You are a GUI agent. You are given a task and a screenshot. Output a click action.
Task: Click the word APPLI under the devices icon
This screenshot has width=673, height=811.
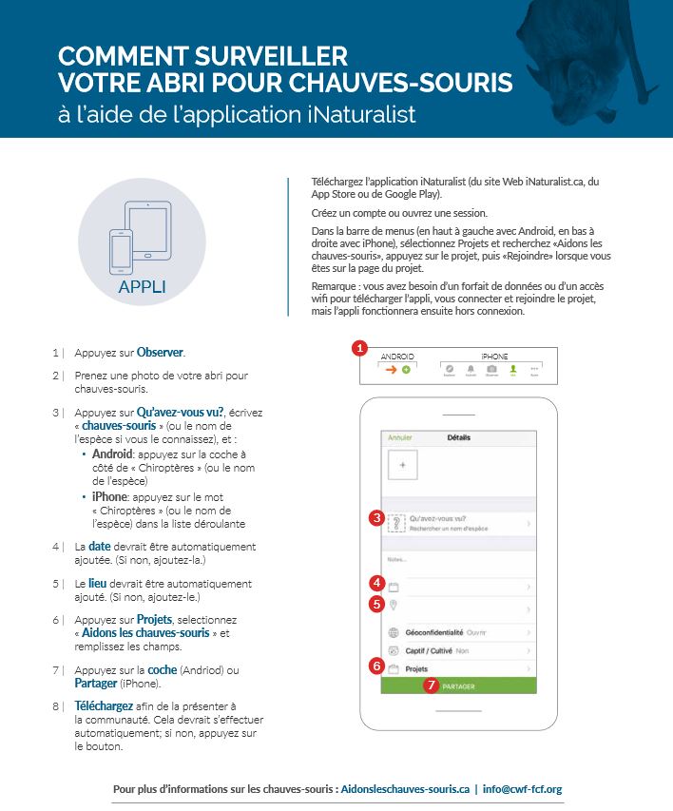tap(142, 286)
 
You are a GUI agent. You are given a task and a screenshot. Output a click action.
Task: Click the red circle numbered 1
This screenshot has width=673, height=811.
tap(360, 348)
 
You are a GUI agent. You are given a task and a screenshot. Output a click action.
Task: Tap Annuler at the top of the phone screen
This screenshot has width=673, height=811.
tap(400, 438)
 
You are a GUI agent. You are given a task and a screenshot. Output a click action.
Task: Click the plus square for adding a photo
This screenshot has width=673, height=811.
tap(402, 466)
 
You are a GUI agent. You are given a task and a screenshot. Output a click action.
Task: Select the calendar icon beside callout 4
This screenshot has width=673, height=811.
tap(394, 587)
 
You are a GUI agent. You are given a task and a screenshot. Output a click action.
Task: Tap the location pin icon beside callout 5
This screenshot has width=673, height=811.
tap(394, 605)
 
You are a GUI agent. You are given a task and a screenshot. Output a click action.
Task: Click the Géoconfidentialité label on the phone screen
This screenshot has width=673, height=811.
tap(433, 632)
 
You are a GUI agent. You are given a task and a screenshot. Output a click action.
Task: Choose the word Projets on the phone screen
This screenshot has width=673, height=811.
tap(416, 669)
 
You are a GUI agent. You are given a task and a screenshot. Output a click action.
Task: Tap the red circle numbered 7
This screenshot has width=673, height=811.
tap(432, 685)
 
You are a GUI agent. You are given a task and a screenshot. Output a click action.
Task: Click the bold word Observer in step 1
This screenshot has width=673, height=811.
tap(161, 352)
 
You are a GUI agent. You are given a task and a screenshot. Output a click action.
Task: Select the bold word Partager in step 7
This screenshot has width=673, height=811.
tap(95, 683)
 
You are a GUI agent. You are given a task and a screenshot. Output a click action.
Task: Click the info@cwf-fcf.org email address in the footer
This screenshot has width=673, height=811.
tap(522, 788)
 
